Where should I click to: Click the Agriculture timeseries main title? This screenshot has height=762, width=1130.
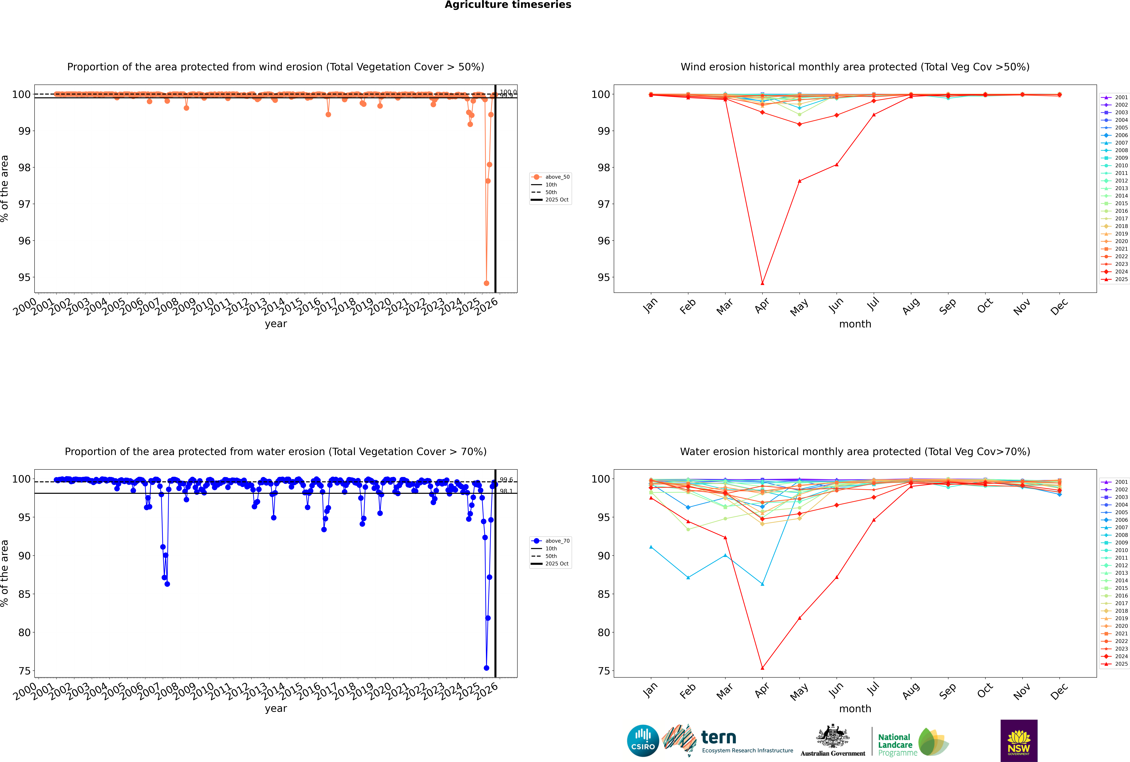point(508,5)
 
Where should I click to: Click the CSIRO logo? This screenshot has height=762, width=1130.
point(643,741)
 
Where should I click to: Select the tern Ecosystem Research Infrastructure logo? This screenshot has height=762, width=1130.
point(727,741)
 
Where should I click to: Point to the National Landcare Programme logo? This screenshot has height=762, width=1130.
point(912,742)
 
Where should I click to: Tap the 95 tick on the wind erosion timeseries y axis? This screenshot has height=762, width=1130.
point(24,278)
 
